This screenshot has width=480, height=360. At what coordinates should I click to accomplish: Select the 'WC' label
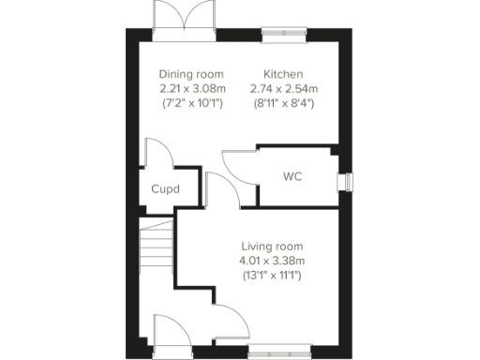click(x=292, y=175)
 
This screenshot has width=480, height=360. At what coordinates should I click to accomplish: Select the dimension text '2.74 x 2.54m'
click(x=283, y=89)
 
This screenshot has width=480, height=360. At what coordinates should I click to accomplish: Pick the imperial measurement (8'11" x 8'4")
click(x=283, y=103)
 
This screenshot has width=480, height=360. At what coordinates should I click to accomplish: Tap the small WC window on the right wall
click(x=348, y=180)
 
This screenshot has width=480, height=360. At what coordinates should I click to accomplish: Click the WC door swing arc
click(x=238, y=166)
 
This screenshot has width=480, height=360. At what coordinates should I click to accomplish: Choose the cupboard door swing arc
click(x=157, y=152)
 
